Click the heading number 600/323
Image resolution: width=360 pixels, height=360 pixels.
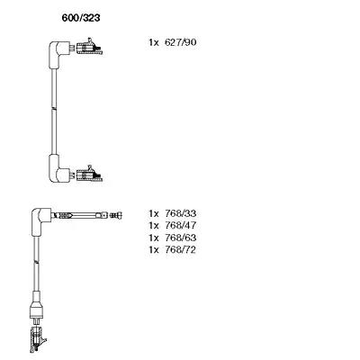click(x=81, y=18)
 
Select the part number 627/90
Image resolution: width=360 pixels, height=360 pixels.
click(x=181, y=42)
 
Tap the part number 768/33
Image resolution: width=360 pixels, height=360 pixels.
click(x=181, y=213)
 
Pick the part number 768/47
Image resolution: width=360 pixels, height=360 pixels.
click(x=181, y=225)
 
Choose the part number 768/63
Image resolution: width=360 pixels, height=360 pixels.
click(x=181, y=238)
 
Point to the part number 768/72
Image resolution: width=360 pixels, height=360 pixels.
click(x=181, y=249)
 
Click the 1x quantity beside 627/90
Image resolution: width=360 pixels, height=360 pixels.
click(x=153, y=42)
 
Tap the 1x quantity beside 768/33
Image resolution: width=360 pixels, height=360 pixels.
click(x=153, y=213)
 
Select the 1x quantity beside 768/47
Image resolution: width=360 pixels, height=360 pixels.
click(x=153, y=225)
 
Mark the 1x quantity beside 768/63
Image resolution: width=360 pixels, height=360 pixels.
click(x=153, y=238)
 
